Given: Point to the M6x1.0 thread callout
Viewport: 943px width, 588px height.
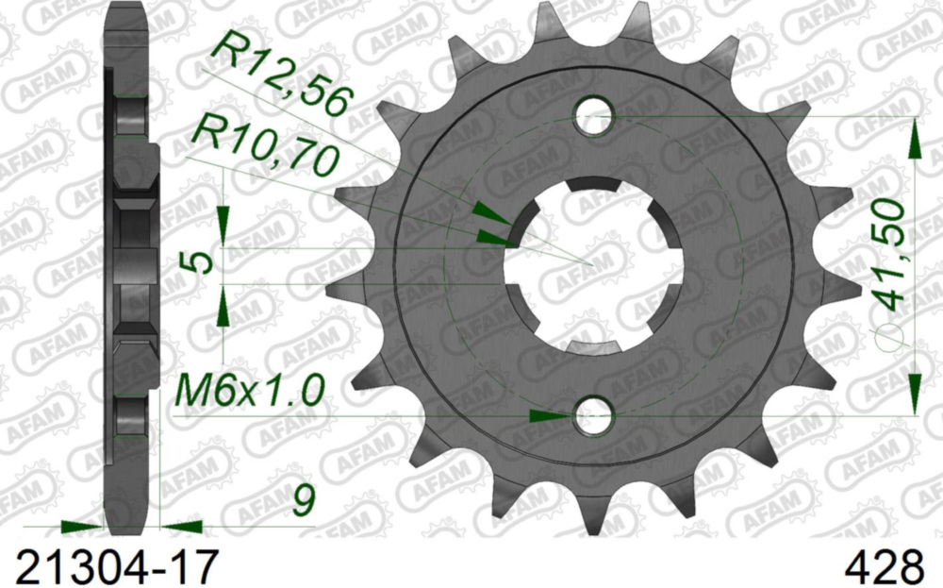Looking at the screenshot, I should (250, 388).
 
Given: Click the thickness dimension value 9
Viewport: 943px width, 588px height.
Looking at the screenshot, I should (302, 501).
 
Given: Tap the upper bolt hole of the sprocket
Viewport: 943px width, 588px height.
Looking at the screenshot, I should (595, 116).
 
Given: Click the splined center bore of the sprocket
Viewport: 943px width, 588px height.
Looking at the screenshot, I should (593, 265).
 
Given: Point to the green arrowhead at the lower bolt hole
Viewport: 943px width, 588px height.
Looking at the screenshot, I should (547, 415).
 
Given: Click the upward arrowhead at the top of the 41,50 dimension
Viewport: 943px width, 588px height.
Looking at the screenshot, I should (914, 139).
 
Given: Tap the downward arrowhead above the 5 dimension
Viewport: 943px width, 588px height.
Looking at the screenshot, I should (223, 225).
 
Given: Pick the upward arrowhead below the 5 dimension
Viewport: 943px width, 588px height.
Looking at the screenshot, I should (223, 308).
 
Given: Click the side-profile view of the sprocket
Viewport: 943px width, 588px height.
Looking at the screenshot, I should (130, 264).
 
